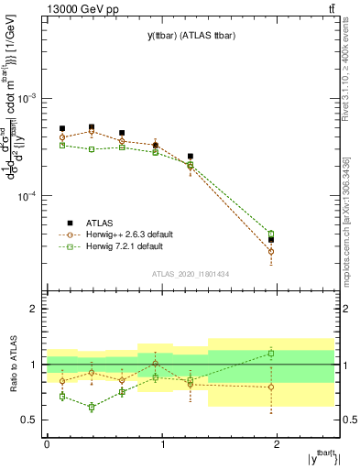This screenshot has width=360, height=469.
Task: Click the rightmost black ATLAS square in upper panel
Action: (296, 240)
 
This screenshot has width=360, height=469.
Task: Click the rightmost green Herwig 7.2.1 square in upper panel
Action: (296, 234)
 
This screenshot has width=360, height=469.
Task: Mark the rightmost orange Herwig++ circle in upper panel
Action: (296, 251)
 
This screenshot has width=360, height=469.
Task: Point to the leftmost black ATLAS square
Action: (62, 129)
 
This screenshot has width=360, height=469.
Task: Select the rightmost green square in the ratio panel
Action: (296, 353)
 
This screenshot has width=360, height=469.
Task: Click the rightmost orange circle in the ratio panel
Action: (296, 387)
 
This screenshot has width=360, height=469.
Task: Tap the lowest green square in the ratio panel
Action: (92, 407)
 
